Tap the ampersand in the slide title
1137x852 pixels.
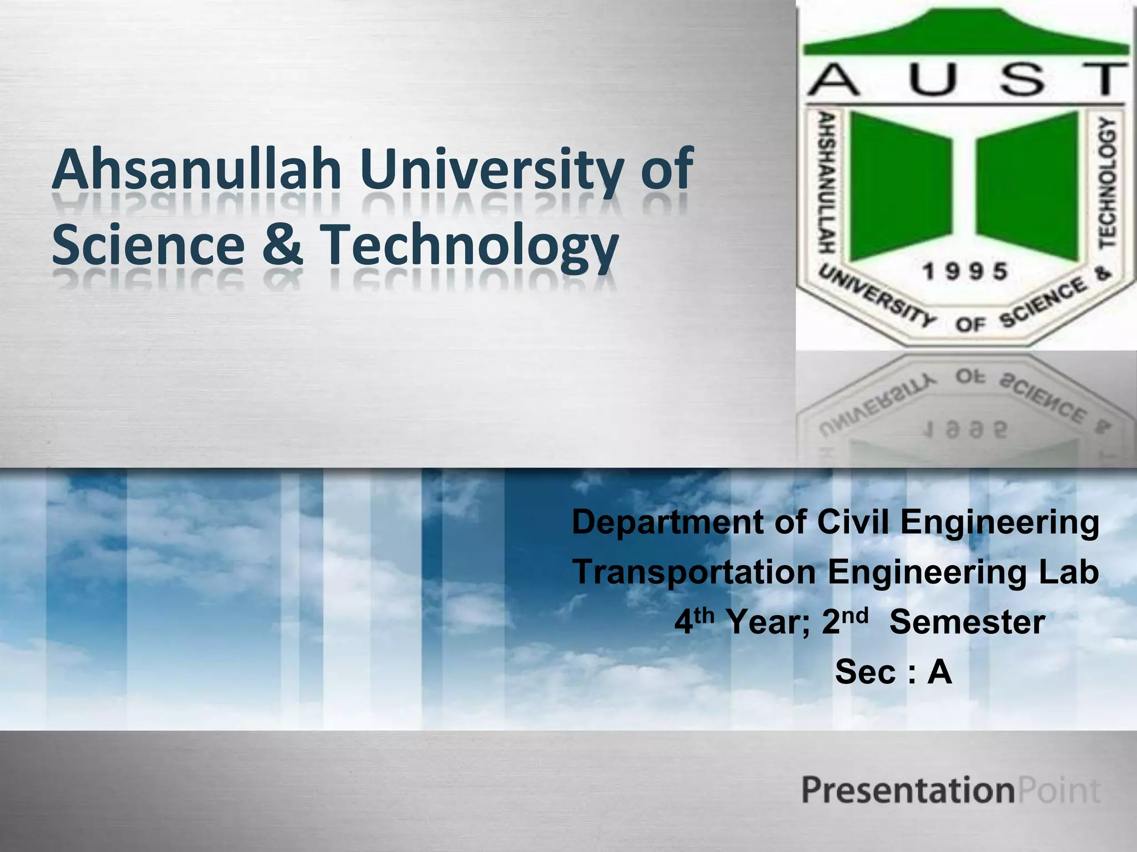(283, 244)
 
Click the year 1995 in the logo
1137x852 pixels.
(965, 272)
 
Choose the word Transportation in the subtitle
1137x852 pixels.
(694, 572)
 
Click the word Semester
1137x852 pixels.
(967, 622)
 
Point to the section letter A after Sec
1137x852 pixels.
(939, 672)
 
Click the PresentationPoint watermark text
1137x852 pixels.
(950, 790)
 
